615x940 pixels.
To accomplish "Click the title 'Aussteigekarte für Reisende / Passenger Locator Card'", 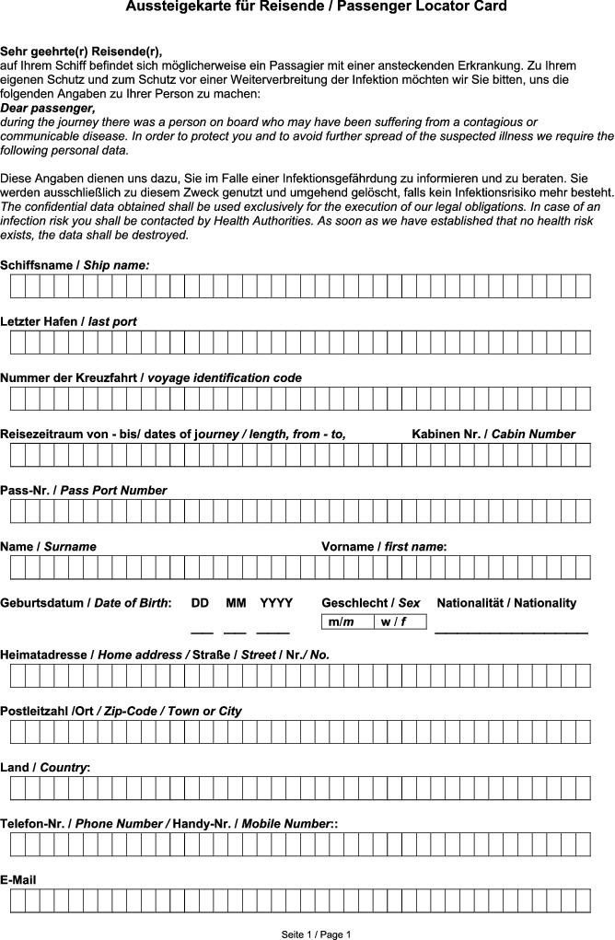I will tap(316, 7).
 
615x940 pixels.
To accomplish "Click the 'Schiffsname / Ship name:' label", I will tap(75, 265).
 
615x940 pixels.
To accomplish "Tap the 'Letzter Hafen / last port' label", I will tap(69, 321).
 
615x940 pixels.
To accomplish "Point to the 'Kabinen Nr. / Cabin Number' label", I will tap(493, 434).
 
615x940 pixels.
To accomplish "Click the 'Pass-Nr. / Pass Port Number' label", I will tap(84, 491).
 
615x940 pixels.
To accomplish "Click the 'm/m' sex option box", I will tap(348, 622).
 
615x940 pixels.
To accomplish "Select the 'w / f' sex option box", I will tap(400, 622).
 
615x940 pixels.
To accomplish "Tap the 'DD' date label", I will tap(200, 603).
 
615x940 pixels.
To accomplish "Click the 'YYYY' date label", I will tap(276, 603).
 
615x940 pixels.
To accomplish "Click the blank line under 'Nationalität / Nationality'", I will tap(511, 632).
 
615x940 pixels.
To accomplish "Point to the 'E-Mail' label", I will tap(18, 880).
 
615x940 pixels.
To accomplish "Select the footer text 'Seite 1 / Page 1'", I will tap(316, 934).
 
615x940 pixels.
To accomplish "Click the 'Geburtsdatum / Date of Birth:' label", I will tap(86, 603).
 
